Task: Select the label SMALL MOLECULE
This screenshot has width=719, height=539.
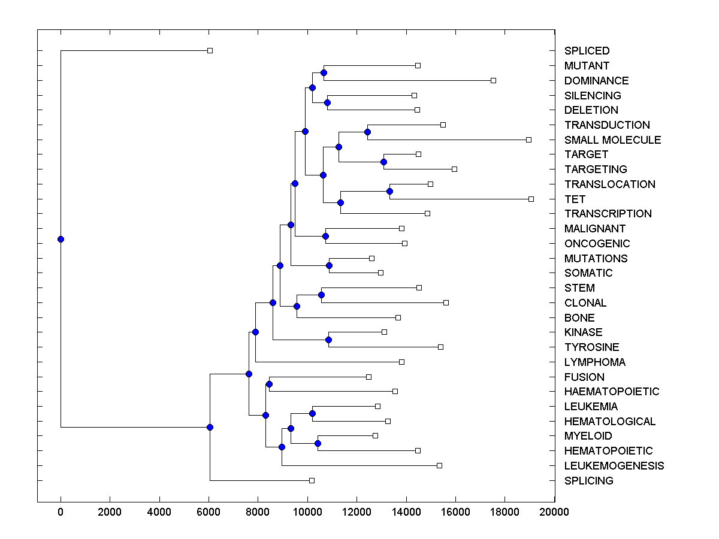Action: point(612,140)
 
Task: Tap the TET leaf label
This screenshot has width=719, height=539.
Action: point(575,199)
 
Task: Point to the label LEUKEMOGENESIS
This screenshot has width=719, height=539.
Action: point(614,465)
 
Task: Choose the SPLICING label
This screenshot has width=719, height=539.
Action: point(588,480)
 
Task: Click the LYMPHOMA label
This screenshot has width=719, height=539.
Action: point(594,362)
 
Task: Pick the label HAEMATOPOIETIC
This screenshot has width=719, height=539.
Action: point(612,391)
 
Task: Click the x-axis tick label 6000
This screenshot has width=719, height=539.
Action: point(209,511)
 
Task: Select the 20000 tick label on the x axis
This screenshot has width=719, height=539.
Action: point(554,511)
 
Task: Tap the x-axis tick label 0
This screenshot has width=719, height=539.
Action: point(61,511)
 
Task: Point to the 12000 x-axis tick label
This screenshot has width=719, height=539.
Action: point(357,511)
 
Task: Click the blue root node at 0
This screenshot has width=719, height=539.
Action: point(61,239)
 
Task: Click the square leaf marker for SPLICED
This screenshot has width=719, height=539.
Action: point(210,50)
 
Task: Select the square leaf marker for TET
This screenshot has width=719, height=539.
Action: point(531,199)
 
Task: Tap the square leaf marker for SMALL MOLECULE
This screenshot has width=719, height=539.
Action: point(528,140)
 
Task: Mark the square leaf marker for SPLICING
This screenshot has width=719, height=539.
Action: point(312,480)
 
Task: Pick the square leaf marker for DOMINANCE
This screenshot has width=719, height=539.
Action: point(493,80)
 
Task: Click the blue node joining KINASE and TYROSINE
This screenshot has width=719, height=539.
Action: point(328,340)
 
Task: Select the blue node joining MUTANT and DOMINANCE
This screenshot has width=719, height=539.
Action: point(324,72)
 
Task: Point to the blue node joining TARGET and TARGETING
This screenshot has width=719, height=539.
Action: point(383,162)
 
